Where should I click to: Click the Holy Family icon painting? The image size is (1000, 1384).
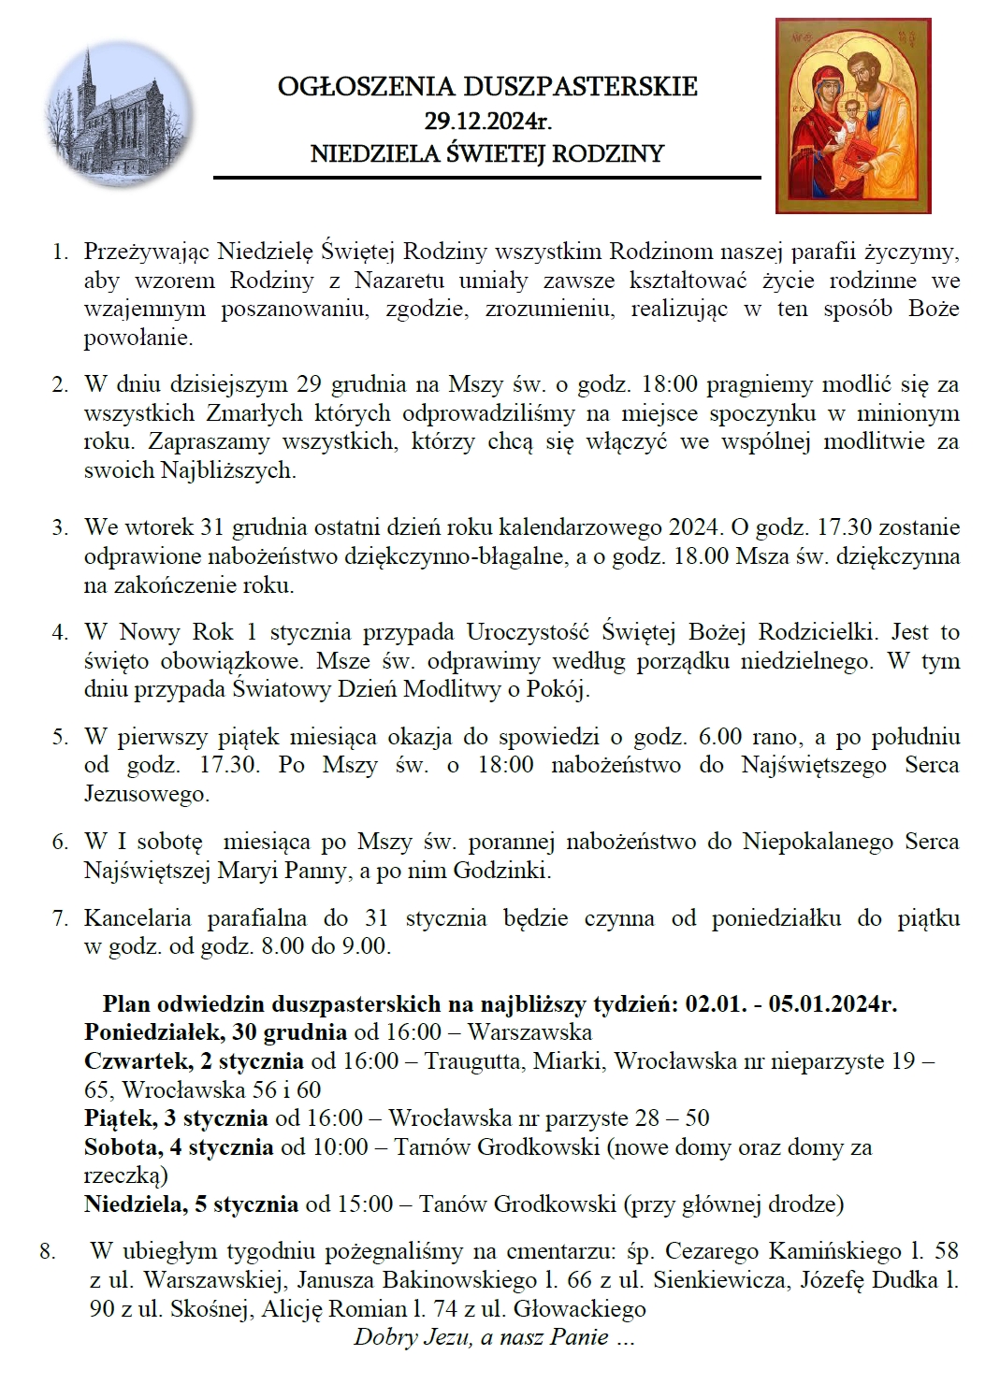[853, 115]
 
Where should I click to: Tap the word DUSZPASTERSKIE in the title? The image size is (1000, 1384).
[581, 87]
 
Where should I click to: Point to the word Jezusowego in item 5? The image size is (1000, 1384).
[146, 795]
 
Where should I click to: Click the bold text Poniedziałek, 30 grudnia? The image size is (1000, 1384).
[215, 1032]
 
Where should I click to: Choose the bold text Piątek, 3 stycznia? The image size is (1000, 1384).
[176, 1118]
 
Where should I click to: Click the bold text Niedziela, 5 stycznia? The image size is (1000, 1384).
[191, 1204]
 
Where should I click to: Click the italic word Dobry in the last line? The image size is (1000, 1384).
[384, 1337]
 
